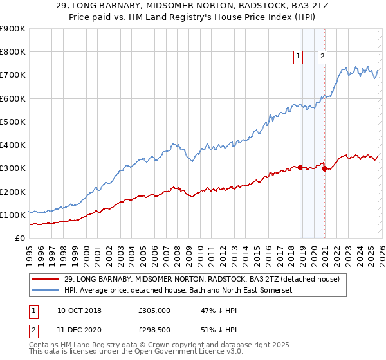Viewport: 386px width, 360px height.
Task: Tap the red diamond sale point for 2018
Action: click(x=300, y=167)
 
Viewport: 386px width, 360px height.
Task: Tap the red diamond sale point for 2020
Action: click(x=324, y=169)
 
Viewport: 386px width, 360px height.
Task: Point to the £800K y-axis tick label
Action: click(x=13, y=52)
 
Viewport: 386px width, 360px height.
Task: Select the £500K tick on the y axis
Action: click(x=13, y=122)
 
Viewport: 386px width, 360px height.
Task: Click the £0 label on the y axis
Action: click(x=20, y=238)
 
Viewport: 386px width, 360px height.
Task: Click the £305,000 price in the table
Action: click(x=154, y=310)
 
